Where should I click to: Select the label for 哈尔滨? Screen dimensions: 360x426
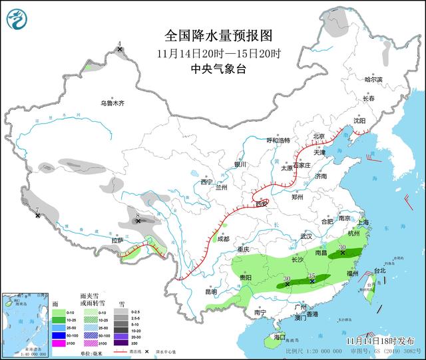(374, 79)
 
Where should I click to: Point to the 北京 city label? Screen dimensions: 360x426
(318, 136)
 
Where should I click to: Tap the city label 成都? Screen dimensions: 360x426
(222, 239)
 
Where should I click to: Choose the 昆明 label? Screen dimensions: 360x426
(211, 291)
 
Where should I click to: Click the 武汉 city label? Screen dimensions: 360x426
(306, 236)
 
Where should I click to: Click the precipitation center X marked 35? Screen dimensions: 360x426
(313, 281)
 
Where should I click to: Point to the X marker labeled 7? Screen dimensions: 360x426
(37, 215)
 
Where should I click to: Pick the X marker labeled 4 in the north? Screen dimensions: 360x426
(120, 49)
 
